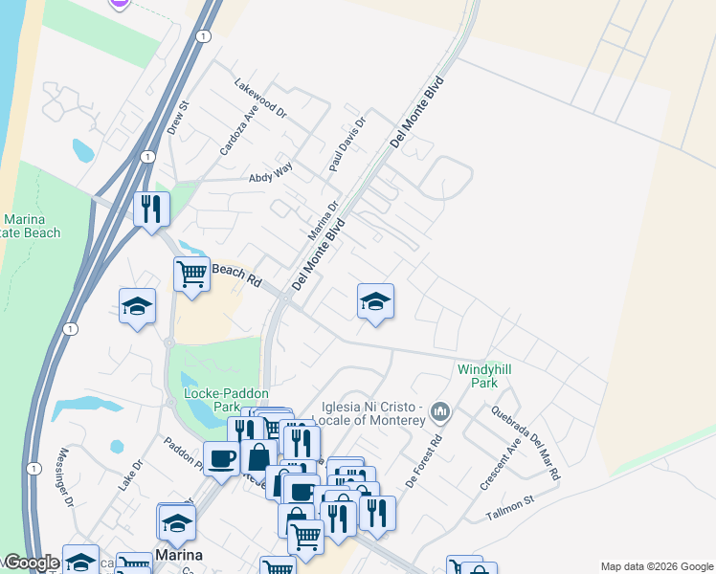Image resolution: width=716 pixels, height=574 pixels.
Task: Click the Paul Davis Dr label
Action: coord(347,144)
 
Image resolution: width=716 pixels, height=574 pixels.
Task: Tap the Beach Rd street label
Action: coord(235,276)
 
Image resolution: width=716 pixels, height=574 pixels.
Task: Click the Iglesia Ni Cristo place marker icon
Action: coord(440,412)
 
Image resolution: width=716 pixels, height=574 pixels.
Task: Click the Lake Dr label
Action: coord(130,477)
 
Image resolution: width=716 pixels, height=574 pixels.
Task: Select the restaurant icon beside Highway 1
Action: coord(150,210)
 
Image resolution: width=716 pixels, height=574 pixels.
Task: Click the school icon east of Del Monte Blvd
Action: coord(375,301)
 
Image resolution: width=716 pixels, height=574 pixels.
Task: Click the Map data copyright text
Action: coord(656,566)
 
